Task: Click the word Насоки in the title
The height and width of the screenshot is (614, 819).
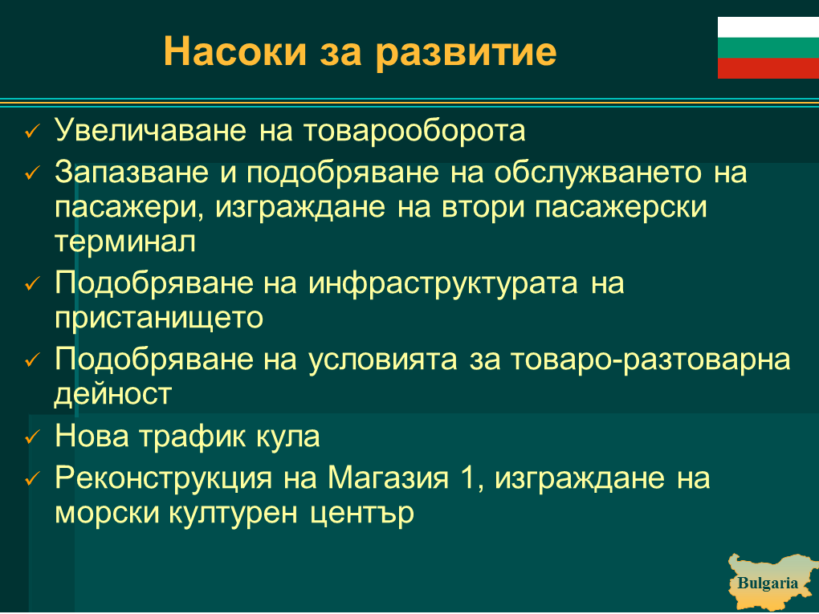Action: point(235,51)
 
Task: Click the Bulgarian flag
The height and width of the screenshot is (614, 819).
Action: point(768,47)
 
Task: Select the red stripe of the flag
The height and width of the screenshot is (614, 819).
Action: point(768,68)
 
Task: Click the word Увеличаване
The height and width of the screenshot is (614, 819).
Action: point(150,130)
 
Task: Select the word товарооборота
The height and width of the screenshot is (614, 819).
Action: point(414,131)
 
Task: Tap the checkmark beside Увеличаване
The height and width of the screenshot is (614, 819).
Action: point(32,131)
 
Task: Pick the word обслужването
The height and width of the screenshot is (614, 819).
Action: point(597,172)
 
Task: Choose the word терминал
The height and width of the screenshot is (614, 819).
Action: point(125,242)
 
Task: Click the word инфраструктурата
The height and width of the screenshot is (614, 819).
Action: point(443,283)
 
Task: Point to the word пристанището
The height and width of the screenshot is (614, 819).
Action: point(159,318)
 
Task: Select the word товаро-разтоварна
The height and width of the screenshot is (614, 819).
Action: point(650,360)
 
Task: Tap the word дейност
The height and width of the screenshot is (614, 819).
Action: point(113,393)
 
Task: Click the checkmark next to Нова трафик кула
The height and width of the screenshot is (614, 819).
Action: point(32,437)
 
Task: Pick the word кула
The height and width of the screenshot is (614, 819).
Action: point(287,437)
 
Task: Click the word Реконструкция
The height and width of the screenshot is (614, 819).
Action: point(164,478)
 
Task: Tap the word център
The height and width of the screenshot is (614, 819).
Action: point(362,513)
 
